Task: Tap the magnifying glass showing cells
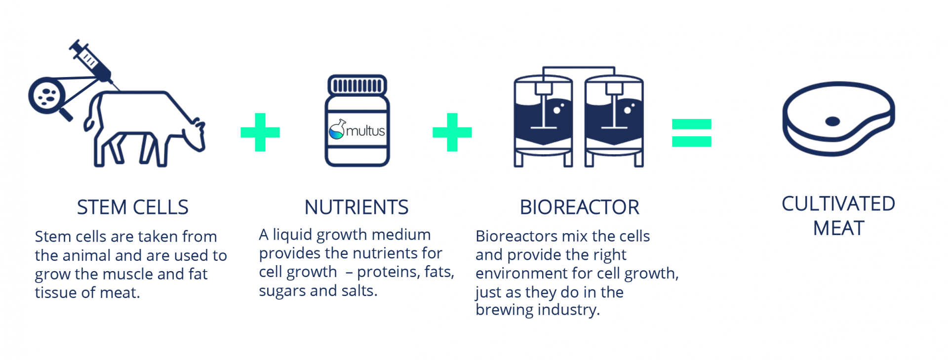(47, 95)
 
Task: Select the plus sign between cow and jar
(260, 132)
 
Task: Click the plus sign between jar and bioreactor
(452, 132)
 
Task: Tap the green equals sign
(691, 133)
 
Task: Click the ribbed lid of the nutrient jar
(357, 85)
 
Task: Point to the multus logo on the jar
(357, 130)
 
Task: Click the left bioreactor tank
(543, 119)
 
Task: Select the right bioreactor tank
(614, 119)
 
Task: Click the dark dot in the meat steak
(832, 121)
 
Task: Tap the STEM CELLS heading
(132, 207)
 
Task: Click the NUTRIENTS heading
(356, 207)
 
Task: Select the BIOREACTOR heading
(579, 207)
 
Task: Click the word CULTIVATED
(838, 204)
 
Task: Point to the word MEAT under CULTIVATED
(838, 229)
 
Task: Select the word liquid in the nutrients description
(293, 235)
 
